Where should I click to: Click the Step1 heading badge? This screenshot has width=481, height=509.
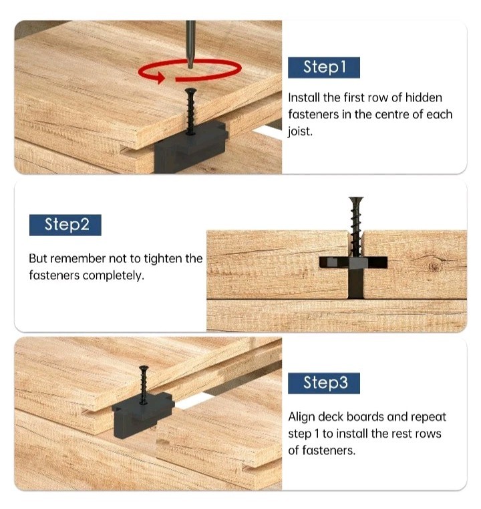point(324,67)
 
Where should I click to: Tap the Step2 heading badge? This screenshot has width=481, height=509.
point(65,225)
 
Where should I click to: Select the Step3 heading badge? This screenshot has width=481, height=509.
point(324,383)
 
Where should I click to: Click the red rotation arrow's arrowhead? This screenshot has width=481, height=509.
point(160,77)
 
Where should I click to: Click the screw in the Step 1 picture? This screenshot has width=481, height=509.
point(190,111)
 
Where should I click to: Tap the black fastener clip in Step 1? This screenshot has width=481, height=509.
point(191,147)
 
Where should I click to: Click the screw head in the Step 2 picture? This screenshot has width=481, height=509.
point(356,199)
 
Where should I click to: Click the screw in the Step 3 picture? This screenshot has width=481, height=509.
point(144,385)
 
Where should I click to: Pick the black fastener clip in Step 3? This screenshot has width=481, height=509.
point(143,414)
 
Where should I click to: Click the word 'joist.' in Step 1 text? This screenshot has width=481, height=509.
point(300,131)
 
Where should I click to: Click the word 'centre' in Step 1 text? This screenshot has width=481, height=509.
point(393,115)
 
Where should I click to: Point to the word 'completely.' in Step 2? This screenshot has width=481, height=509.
point(114,276)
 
